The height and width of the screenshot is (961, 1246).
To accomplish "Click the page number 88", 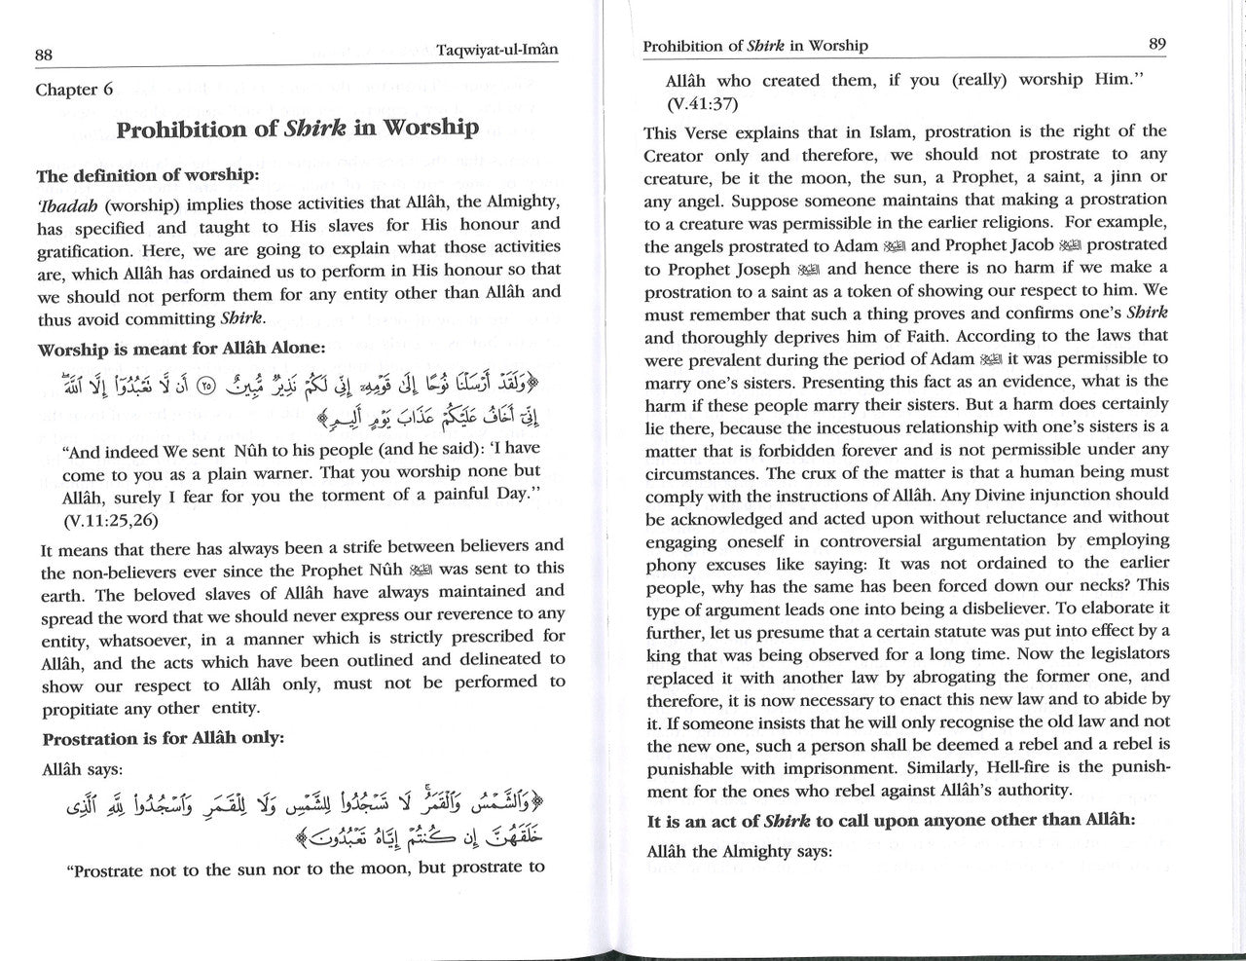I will click(44, 55).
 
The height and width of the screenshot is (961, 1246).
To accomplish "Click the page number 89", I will click(1156, 44).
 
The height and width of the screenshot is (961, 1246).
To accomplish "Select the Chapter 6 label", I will click(75, 90).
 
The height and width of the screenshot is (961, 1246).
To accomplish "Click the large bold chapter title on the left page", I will click(297, 129).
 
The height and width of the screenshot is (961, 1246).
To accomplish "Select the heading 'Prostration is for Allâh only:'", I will click(163, 738).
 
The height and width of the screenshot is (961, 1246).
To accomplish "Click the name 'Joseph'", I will click(757, 269).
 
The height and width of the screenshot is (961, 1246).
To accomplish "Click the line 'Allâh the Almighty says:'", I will click(740, 851).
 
